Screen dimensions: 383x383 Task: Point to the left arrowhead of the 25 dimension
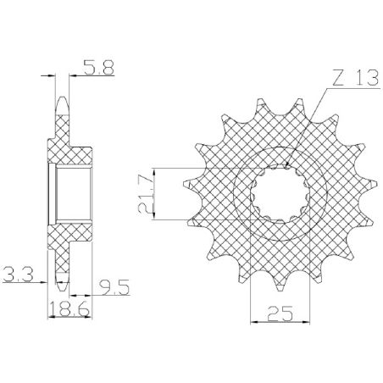click(x=252, y=322)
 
